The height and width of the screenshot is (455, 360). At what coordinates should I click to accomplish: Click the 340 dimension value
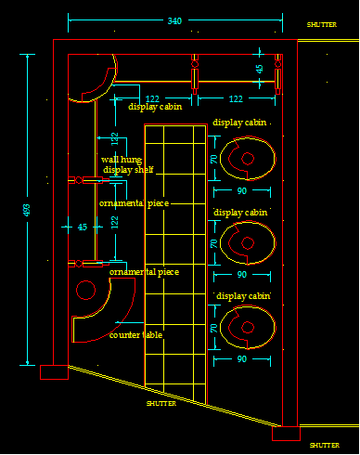pos(174,21)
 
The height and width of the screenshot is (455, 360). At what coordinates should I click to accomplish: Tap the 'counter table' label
pos(136,334)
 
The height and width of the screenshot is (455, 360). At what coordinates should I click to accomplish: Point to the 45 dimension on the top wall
pos(260,68)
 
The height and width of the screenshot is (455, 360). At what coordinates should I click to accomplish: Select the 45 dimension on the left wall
pos(82,227)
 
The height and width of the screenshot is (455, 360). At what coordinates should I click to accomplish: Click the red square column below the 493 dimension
pos(54,372)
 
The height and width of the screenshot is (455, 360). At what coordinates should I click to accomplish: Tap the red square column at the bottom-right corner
pos(285,433)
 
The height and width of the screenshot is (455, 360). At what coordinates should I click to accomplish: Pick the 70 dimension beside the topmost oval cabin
pos(213,159)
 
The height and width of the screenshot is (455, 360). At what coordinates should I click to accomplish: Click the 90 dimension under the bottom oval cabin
pos(241,358)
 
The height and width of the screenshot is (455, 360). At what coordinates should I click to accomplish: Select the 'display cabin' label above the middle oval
pos(241,213)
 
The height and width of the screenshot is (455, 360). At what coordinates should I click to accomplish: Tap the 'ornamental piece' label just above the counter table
pos(144,272)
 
